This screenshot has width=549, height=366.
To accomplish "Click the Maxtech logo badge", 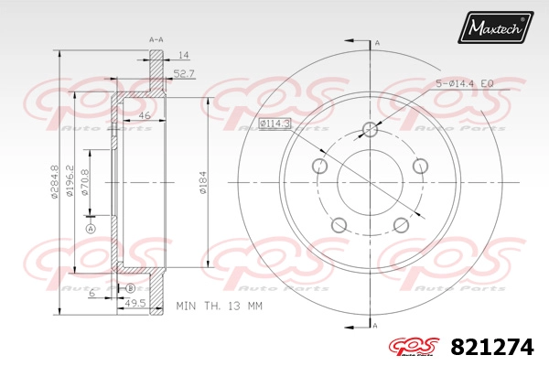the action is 495,27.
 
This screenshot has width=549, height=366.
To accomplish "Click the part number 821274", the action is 492,347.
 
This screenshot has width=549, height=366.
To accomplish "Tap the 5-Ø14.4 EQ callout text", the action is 465,83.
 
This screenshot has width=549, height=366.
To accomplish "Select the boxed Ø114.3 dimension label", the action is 274,124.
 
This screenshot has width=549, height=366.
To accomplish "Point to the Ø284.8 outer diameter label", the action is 54,182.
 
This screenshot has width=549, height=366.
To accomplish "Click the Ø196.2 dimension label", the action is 70,182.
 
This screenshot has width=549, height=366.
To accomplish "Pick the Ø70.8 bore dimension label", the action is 84,182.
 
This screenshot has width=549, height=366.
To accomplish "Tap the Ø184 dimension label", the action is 203,182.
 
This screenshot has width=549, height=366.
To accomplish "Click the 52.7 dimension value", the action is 184,73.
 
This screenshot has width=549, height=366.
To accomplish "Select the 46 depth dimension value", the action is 144,115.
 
